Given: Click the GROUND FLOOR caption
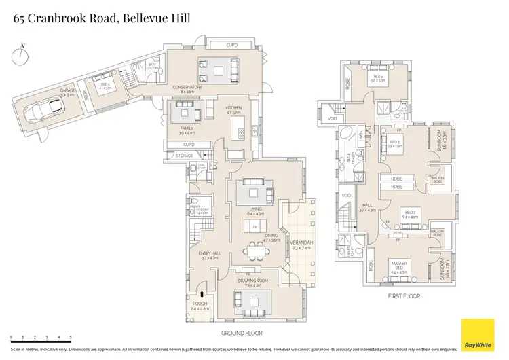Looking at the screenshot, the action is coord(242,333).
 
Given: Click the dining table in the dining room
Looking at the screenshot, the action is coord(257,252).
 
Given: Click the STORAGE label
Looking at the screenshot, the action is coord(185,156).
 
